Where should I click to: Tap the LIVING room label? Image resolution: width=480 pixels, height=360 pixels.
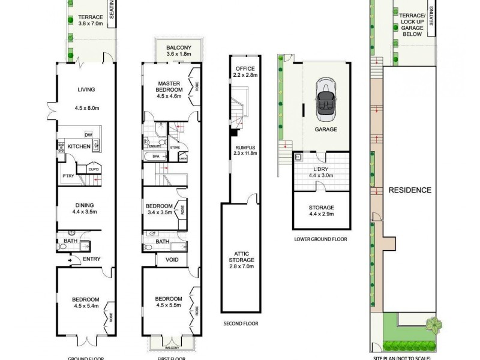[x=86, y=90]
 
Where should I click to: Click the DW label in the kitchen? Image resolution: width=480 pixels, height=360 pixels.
[x=88, y=135]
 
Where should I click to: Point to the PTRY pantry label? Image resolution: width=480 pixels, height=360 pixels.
[x=68, y=176]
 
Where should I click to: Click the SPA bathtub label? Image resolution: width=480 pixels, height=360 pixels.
[x=155, y=157]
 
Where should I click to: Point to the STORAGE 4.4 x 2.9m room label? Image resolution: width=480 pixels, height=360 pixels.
[x=322, y=208]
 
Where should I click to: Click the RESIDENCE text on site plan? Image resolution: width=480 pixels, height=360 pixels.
[x=410, y=190]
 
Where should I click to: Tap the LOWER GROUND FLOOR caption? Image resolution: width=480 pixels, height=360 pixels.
[x=322, y=239]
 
